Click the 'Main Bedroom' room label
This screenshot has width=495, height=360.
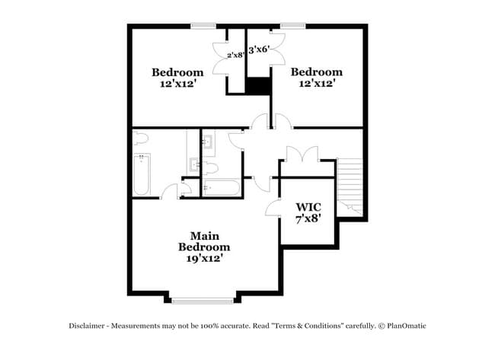point(204,241)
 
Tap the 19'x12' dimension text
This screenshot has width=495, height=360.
point(204,259)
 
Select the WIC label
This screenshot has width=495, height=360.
point(308,206)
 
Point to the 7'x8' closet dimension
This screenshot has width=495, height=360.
point(308,218)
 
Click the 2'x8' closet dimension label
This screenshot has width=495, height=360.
point(235,55)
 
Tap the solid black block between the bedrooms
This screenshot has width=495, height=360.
point(260,86)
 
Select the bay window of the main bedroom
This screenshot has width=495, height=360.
point(203,300)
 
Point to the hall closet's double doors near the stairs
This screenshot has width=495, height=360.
point(302,154)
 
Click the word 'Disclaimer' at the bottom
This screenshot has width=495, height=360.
point(87,326)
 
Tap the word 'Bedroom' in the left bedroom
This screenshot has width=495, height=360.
point(177,73)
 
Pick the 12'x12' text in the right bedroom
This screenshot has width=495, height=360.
point(316,84)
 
